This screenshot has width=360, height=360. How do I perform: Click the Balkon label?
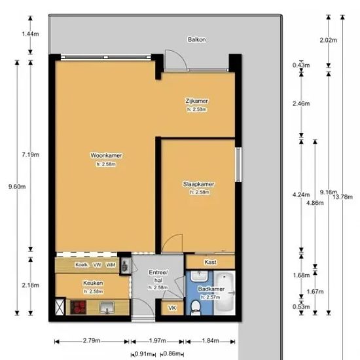pos(197,40)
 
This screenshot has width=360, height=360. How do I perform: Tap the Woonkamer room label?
pos(106,155)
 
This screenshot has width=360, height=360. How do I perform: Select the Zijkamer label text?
pos(196,101)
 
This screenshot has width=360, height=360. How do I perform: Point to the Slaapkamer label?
pos(198,184)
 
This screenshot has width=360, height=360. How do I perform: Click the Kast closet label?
pos(210,262)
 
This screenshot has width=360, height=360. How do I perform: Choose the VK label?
pos(172,308)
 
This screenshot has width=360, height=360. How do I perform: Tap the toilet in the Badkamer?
pos(196,308)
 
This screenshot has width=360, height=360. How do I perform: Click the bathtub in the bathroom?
pos(224,293)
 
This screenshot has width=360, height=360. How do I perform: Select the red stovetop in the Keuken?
pos(78,307)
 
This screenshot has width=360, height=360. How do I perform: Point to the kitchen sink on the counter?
pos(107,308)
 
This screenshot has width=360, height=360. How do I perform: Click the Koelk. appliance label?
pos(82,264)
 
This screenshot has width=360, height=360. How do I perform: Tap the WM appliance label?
pos(111,264)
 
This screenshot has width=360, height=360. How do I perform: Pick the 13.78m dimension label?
pos(342,197)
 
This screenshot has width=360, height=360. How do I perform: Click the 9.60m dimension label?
pos(17,187)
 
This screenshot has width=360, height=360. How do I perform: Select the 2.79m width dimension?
pos(92,340)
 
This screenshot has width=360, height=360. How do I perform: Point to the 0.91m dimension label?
pos(143,354)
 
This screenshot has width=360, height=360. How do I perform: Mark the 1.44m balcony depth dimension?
pos(30,34)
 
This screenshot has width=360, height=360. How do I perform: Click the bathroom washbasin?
pos(199,276)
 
